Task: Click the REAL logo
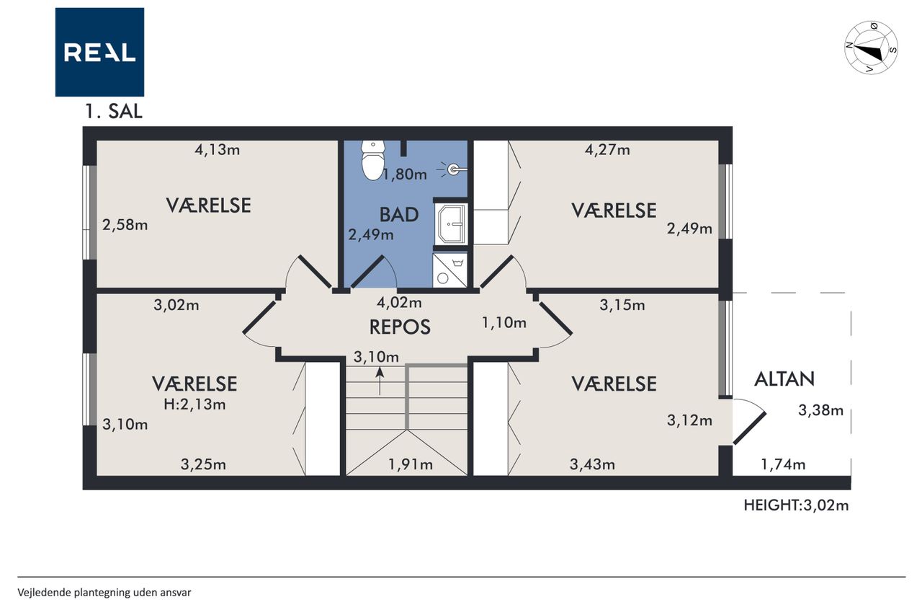(x=99, y=52)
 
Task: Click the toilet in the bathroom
(x=373, y=160)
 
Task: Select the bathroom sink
(x=451, y=224)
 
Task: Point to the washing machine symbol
(x=450, y=270)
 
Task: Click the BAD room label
(x=399, y=215)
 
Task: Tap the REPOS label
(x=400, y=327)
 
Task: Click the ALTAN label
(x=784, y=379)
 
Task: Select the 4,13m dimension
(x=218, y=149)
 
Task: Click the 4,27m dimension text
(x=607, y=149)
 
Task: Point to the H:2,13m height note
(x=194, y=404)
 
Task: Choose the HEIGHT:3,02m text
(x=796, y=505)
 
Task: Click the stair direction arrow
(x=380, y=381)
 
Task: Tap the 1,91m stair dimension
(x=411, y=464)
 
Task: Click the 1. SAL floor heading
(x=114, y=111)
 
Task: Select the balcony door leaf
(x=750, y=428)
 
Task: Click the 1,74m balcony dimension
(x=783, y=464)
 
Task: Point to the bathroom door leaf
(x=367, y=272)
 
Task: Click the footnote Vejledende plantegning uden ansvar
(x=104, y=593)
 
